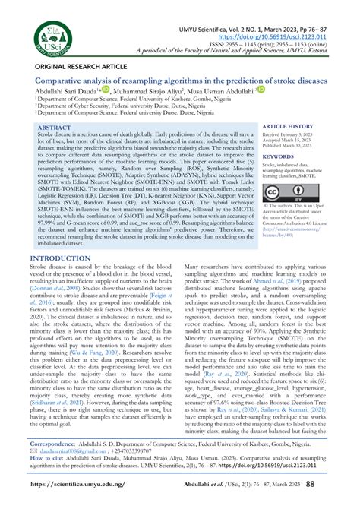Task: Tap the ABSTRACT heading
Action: pos(55,128)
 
